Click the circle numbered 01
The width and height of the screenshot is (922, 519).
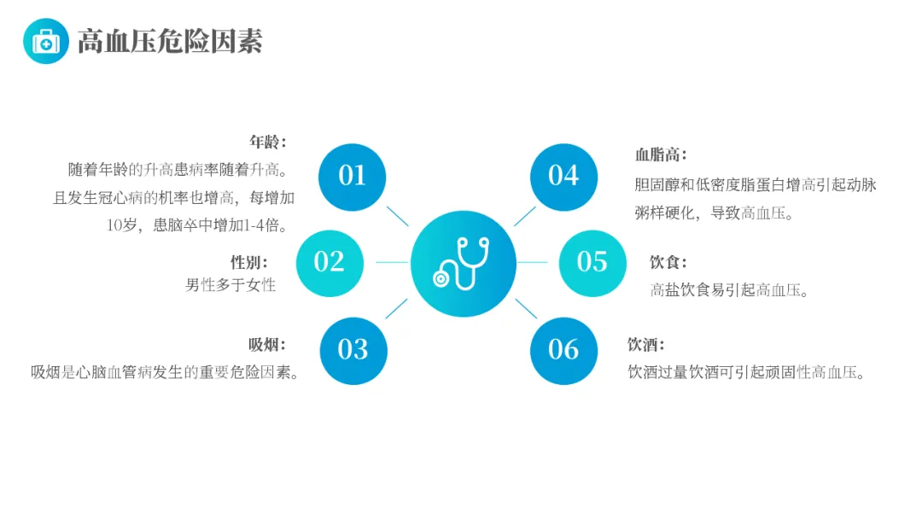pos(352,177)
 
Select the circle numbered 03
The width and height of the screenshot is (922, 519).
pos(353,350)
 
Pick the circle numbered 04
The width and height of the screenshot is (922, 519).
pos(563,177)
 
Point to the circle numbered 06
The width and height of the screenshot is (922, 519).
pos(563,350)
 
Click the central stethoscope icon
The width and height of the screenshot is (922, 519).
pos(463,263)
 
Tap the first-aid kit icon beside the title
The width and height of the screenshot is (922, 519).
pos(46,41)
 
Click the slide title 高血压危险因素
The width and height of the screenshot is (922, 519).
pos(170,41)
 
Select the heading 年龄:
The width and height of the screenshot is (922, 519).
pos(267,142)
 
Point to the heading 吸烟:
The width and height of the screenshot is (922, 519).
pos(267,344)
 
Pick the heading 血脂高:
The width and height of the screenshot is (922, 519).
pos(661,155)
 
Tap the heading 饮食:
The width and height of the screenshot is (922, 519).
pos(668,262)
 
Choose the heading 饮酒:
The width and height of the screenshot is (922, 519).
pos(646,344)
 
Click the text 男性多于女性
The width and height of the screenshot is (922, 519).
pos(231,285)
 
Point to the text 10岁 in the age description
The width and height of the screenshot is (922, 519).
pos(121,225)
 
